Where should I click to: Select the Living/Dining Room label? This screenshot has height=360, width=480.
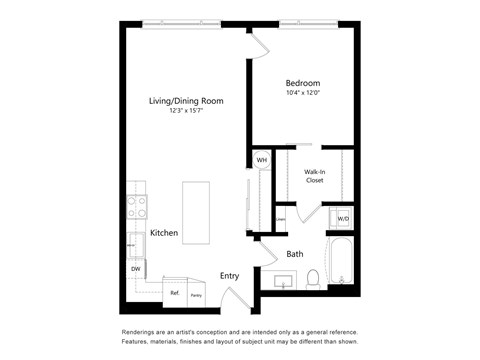pyautogui.click(x=185, y=101)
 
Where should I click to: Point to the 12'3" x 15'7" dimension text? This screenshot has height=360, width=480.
pyautogui.click(x=185, y=111)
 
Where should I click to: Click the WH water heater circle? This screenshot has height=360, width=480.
pyautogui.click(x=261, y=160)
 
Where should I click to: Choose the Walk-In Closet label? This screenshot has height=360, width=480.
pyautogui.click(x=314, y=177)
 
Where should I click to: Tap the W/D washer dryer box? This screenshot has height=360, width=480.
pyautogui.click(x=343, y=218)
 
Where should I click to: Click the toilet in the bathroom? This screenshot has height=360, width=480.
pyautogui.click(x=312, y=277)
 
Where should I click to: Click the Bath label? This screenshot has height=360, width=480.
pyautogui.click(x=295, y=254)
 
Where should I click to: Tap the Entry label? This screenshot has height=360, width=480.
pyautogui.click(x=230, y=276)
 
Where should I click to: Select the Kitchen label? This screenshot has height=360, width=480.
pyautogui.click(x=164, y=233)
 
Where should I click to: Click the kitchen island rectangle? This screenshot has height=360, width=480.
pyautogui.click(x=196, y=211)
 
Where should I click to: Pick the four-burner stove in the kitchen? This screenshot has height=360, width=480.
pyautogui.click(x=136, y=208)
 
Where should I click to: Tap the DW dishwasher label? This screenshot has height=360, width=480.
pyautogui.click(x=134, y=269)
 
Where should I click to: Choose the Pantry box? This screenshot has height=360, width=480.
pyautogui.click(x=197, y=293)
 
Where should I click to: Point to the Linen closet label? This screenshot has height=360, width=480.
pyautogui.click(x=280, y=219)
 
